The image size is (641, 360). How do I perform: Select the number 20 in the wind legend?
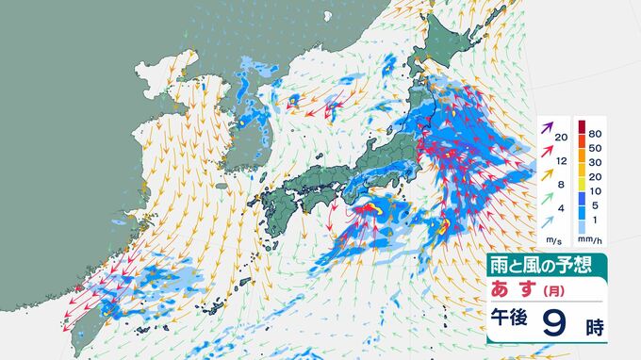point(561,138)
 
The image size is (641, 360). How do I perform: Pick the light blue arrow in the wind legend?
point(547,222)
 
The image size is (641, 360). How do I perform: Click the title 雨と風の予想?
point(536,265)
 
